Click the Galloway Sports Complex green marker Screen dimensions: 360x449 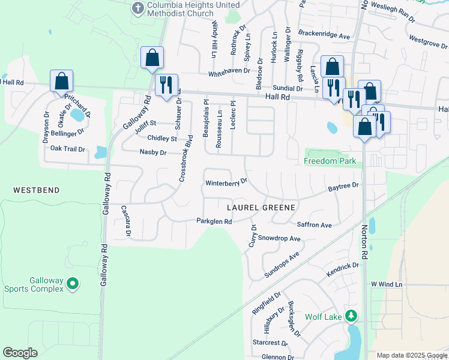pos(73,282)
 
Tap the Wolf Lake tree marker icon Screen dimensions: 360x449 pos(352,316)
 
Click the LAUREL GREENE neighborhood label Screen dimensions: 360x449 pos(261,208)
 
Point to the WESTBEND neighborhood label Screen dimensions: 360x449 pos(37,190)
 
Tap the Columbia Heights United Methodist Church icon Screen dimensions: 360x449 pos(137,8)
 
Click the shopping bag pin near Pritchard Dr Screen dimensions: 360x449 pos(61,80)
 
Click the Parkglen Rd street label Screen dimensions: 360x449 pos(214,221)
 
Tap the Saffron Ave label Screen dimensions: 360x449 pos(315,225)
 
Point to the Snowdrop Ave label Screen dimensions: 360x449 pos(279,238)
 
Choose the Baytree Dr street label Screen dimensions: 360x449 pos(343,187)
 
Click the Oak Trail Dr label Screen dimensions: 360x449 pos(68,148)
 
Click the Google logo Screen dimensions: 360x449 pos(20,353)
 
